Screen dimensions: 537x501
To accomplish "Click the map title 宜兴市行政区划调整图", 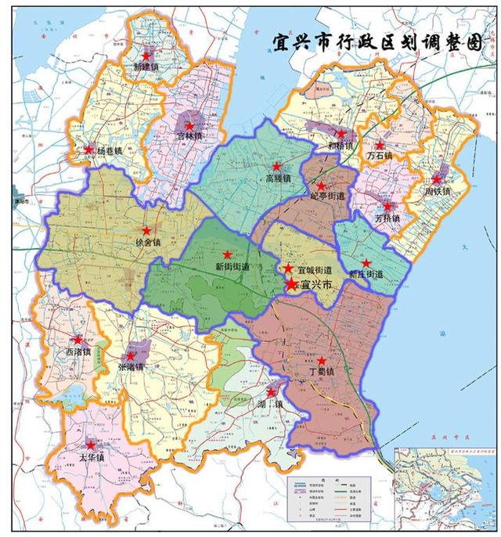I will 377,42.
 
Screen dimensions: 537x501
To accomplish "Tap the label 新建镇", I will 145,67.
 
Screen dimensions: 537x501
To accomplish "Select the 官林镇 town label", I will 188,136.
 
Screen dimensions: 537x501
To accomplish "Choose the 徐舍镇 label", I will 147,243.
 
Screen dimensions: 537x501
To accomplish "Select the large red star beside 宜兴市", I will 291,284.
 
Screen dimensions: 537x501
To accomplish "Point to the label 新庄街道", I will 366,275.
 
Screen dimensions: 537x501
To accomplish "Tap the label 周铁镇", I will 438,191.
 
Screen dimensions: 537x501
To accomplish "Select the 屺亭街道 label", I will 328,196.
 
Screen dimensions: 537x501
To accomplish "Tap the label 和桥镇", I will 340,146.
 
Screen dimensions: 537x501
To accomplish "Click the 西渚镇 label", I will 77,351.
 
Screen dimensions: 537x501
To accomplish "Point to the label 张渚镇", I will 131,367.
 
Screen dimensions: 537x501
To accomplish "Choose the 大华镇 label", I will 93,456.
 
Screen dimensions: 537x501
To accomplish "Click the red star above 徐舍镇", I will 146,231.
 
